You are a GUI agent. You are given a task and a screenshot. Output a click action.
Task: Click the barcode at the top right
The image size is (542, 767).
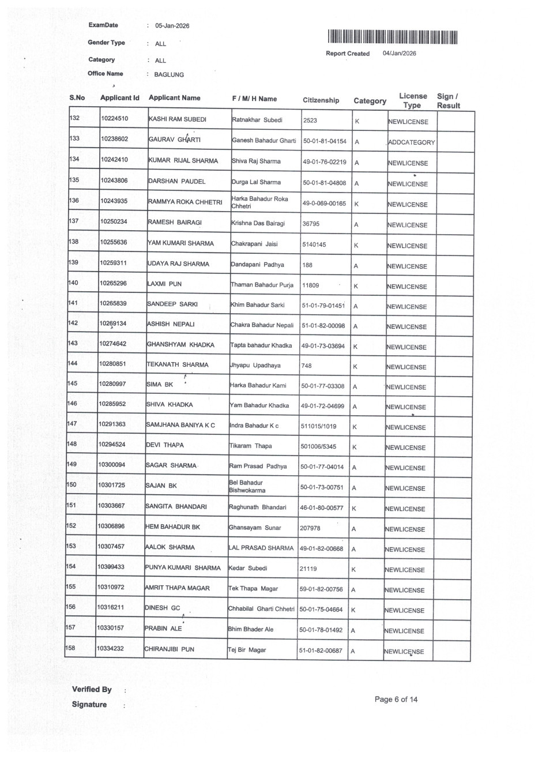393,37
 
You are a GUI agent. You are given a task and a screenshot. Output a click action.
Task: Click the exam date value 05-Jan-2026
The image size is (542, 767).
172,26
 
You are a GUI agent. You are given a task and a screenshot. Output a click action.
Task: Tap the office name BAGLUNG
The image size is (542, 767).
169,75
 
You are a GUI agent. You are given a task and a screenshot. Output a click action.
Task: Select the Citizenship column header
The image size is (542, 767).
321,100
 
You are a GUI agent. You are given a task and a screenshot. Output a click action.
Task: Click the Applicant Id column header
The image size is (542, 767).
119,98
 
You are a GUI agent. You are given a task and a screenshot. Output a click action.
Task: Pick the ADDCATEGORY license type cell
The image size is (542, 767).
411,142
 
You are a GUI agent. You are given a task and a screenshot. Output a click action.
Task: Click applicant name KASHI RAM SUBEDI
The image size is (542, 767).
177,119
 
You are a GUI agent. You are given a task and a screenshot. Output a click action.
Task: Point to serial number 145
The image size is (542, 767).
72,383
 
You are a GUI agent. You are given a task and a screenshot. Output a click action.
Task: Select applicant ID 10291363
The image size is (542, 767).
112,424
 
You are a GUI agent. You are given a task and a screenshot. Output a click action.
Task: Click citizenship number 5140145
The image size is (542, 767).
314,245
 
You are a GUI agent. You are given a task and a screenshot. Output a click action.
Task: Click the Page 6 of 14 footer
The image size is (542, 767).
396,700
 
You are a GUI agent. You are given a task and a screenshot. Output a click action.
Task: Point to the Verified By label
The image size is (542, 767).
92,690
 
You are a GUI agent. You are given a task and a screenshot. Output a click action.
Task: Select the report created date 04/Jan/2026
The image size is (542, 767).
399,54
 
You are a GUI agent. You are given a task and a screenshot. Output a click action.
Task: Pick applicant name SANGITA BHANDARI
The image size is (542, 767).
176,507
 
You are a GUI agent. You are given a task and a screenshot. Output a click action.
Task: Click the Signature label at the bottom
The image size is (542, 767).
89,705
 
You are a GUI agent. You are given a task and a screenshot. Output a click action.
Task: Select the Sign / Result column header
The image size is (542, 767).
448,101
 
